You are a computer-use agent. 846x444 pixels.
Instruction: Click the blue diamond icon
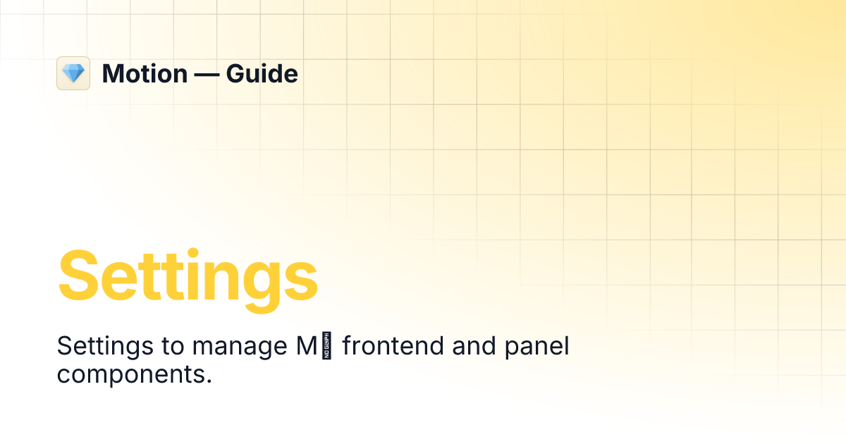(73, 73)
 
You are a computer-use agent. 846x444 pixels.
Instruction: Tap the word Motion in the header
(145, 74)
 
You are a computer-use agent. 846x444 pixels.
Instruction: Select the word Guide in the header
(262, 74)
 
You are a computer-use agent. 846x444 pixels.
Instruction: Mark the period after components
(209, 382)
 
